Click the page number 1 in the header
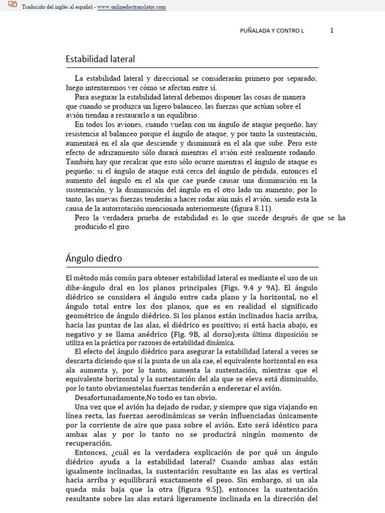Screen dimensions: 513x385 (x=332, y=31)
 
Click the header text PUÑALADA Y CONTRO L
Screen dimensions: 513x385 (x=272, y=31)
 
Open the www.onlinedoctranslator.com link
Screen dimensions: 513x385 (x=132, y=7)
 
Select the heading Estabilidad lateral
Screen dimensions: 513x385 (x=100, y=59)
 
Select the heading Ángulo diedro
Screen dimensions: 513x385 (x=94, y=259)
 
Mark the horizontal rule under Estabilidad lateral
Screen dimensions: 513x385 (x=192, y=68)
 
